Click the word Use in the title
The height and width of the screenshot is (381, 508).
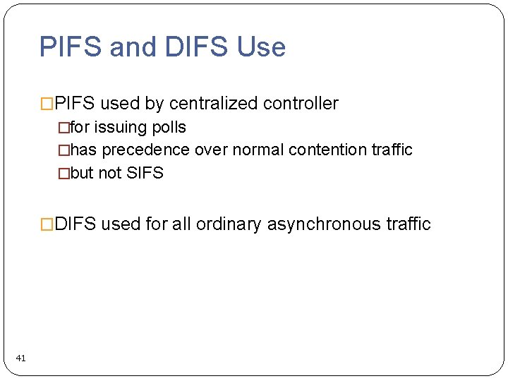261,47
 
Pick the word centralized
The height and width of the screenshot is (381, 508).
213,104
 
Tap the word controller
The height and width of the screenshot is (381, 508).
301,104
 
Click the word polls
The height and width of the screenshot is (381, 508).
169,128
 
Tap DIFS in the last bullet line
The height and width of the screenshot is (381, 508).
75,224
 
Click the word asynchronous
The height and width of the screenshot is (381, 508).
323,224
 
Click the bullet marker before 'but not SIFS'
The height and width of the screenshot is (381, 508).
64,173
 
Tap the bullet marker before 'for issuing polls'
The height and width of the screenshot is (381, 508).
64,128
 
